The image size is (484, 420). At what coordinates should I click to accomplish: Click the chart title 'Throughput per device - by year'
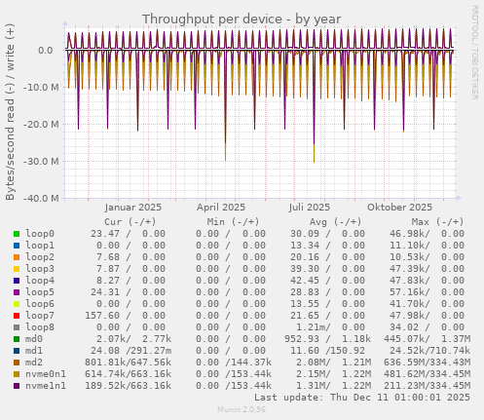[242, 19]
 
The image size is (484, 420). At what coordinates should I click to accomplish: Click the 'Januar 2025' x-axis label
[132, 208]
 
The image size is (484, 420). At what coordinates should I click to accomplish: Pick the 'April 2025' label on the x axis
[221, 208]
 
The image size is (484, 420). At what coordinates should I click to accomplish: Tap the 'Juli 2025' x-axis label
[310, 208]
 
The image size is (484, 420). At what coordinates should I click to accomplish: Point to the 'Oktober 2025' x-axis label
[399, 208]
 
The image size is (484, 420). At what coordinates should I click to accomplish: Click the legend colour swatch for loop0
[17, 234]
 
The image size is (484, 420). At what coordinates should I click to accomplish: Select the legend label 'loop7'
[41, 316]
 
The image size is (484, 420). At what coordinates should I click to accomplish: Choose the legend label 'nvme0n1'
[47, 374]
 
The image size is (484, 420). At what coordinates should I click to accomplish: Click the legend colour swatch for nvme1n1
[17, 386]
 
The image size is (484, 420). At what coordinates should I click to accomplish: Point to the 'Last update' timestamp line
[361, 398]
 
